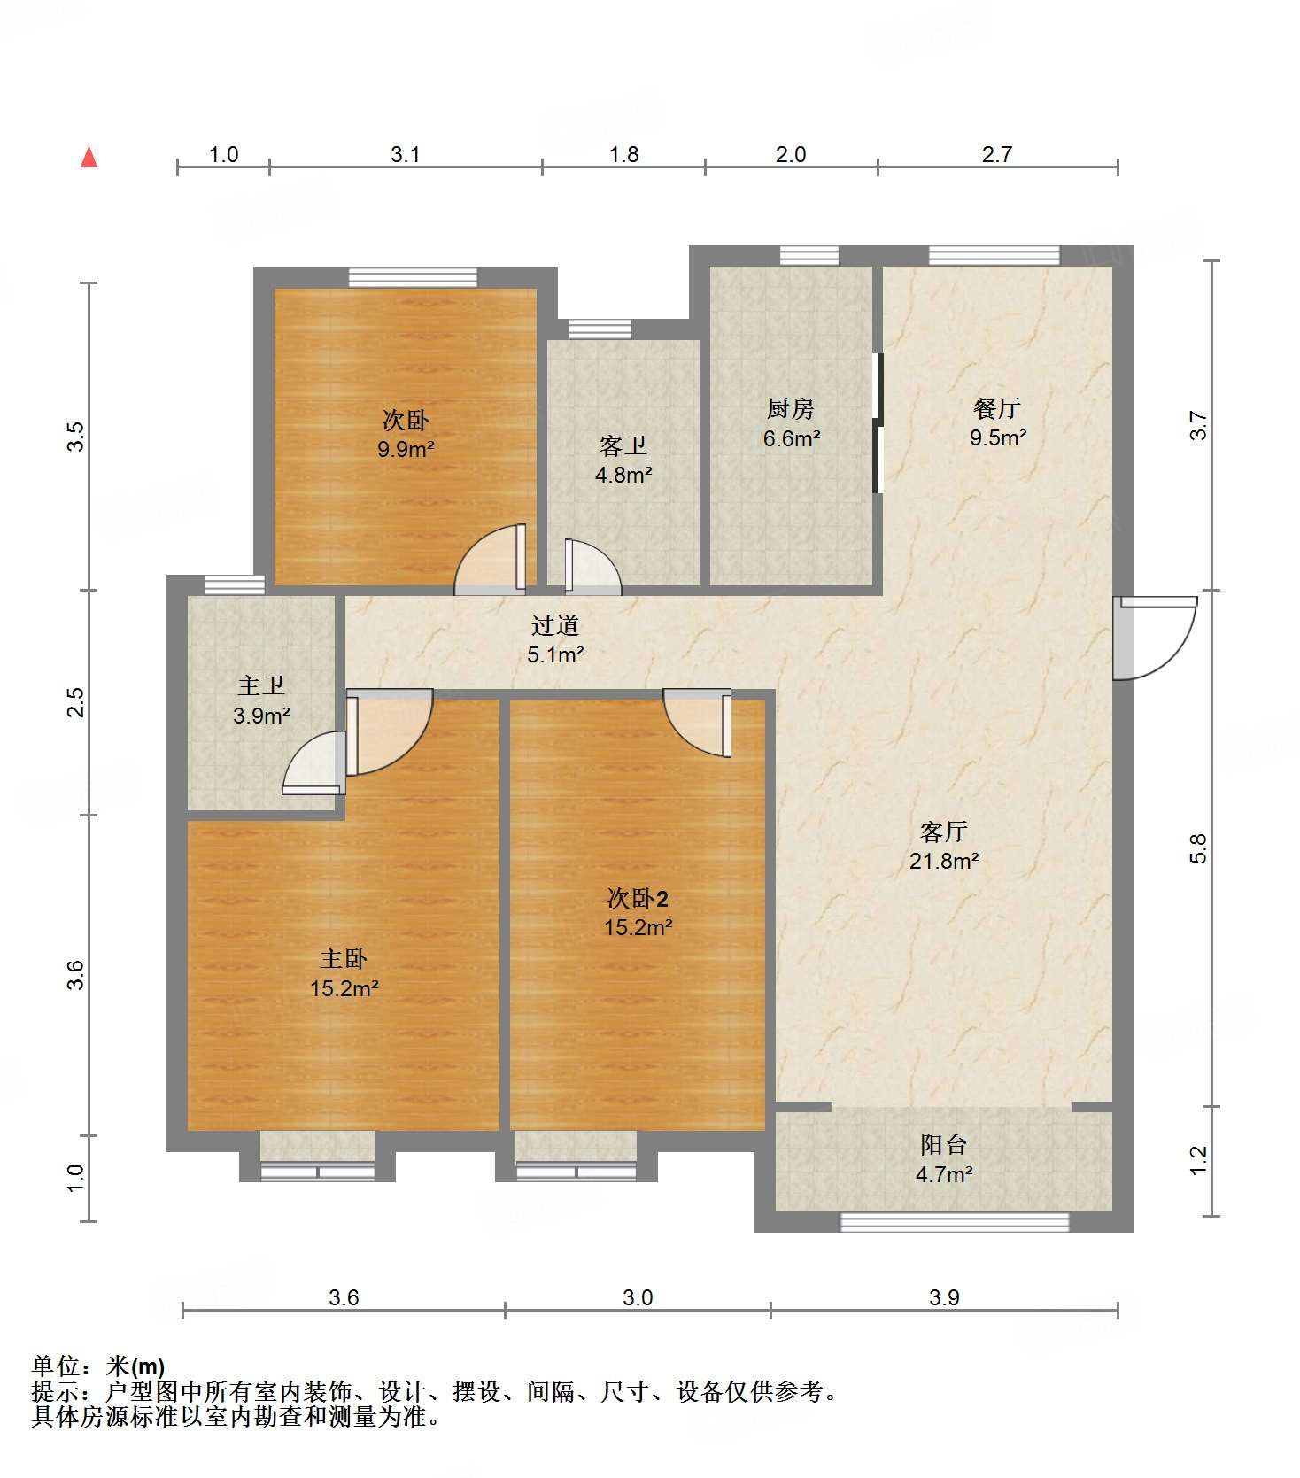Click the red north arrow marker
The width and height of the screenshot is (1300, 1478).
point(89,157)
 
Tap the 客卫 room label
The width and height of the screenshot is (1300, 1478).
point(623,445)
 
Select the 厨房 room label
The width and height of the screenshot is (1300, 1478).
point(791,408)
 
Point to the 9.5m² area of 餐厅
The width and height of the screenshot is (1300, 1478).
point(998,437)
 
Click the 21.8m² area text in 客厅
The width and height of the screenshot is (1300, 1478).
point(944,861)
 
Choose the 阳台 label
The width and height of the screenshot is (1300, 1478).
point(943,1145)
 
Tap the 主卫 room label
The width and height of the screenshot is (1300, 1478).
point(261,685)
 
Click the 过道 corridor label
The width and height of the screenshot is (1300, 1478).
point(555,625)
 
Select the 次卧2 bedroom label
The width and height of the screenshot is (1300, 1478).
point(638,898)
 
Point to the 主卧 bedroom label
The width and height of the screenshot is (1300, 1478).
point(344,958)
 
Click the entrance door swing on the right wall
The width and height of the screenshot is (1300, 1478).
point(1155,638)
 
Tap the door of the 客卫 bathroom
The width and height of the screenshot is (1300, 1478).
point(592,567)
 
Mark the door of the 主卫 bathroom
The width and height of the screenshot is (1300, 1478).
point(313,762)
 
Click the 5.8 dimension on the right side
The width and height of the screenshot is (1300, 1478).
point(1198,848)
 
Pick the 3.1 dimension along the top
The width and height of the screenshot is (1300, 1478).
point(406,154)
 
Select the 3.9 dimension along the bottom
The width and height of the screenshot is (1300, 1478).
point(944,1297)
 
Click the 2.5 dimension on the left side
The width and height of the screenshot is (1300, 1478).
point(77,702)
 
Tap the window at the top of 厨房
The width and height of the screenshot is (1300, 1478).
point(809,256)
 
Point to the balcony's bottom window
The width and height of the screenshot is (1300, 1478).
point(955,1222)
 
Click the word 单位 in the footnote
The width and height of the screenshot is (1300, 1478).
point(56,1366)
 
